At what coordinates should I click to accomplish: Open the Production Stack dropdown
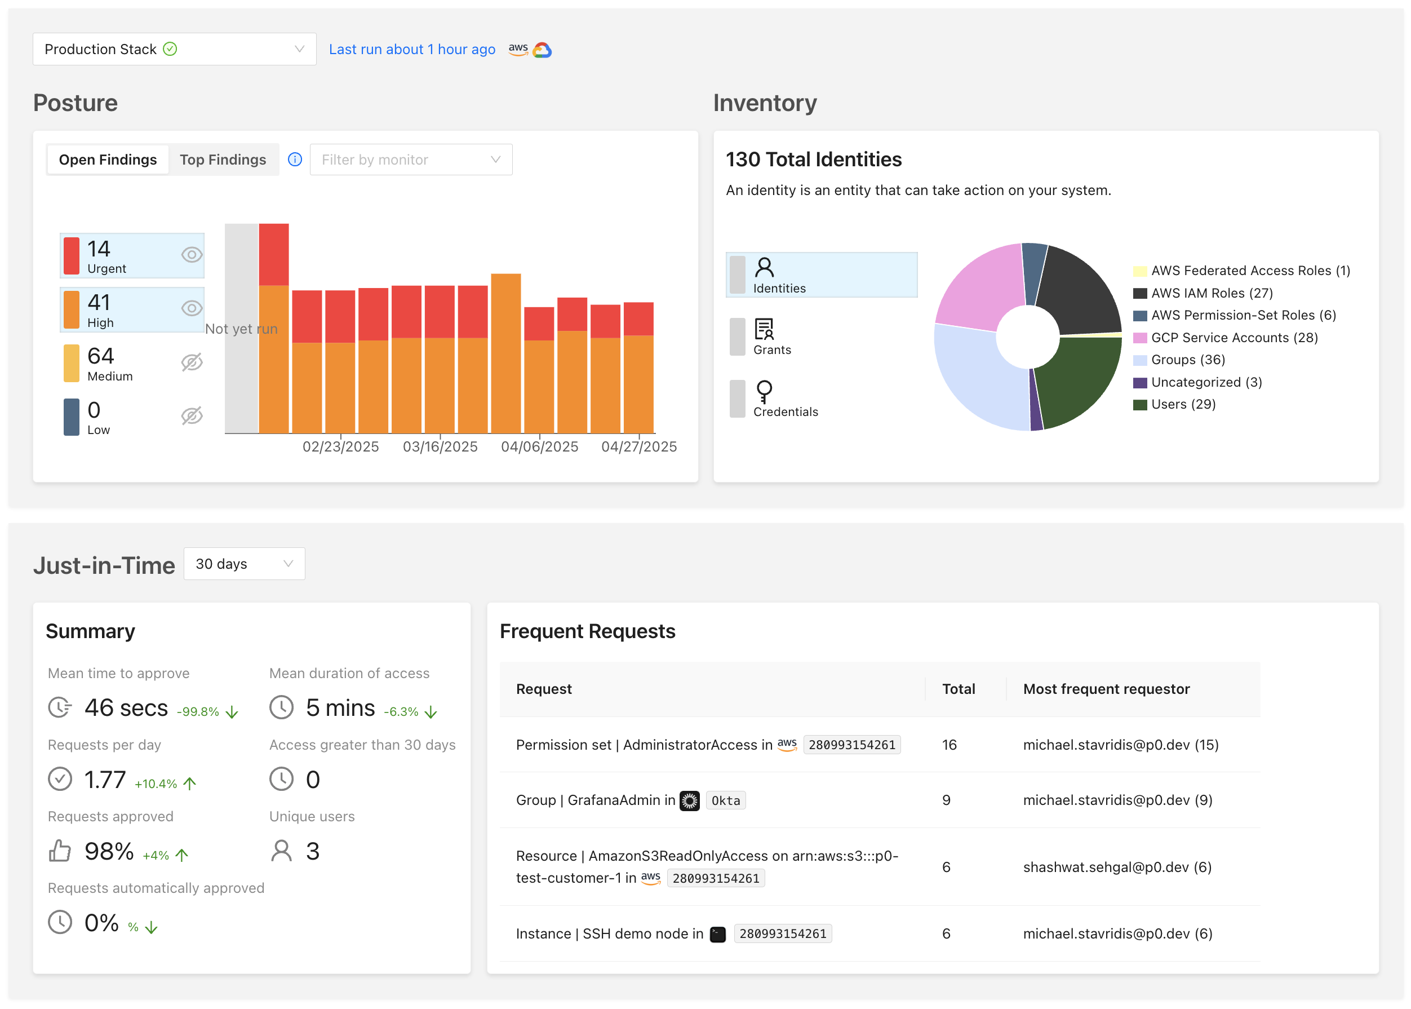[174, 49]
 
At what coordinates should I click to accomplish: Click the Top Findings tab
[223, 160]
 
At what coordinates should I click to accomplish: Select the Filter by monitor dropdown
[410, 160]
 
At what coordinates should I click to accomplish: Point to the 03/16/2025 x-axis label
[440, 446]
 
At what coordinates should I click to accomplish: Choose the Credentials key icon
[764, 391]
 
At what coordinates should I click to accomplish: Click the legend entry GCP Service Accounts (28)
[1233, 338]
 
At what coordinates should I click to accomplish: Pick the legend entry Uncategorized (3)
[1205, 382]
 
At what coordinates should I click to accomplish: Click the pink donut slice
[981, 286]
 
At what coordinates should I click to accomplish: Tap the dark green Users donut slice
[1077, 379]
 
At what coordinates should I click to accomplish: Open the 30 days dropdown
[244, 564]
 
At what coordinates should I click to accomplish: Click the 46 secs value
[126, 707]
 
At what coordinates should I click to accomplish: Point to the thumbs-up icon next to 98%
[60, 851]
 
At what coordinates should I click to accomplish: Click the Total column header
[959, 689]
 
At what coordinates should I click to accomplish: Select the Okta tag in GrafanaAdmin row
[725, 800]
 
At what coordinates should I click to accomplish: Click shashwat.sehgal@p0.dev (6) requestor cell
[1117, 867]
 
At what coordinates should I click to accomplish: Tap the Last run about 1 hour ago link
[412, 49]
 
